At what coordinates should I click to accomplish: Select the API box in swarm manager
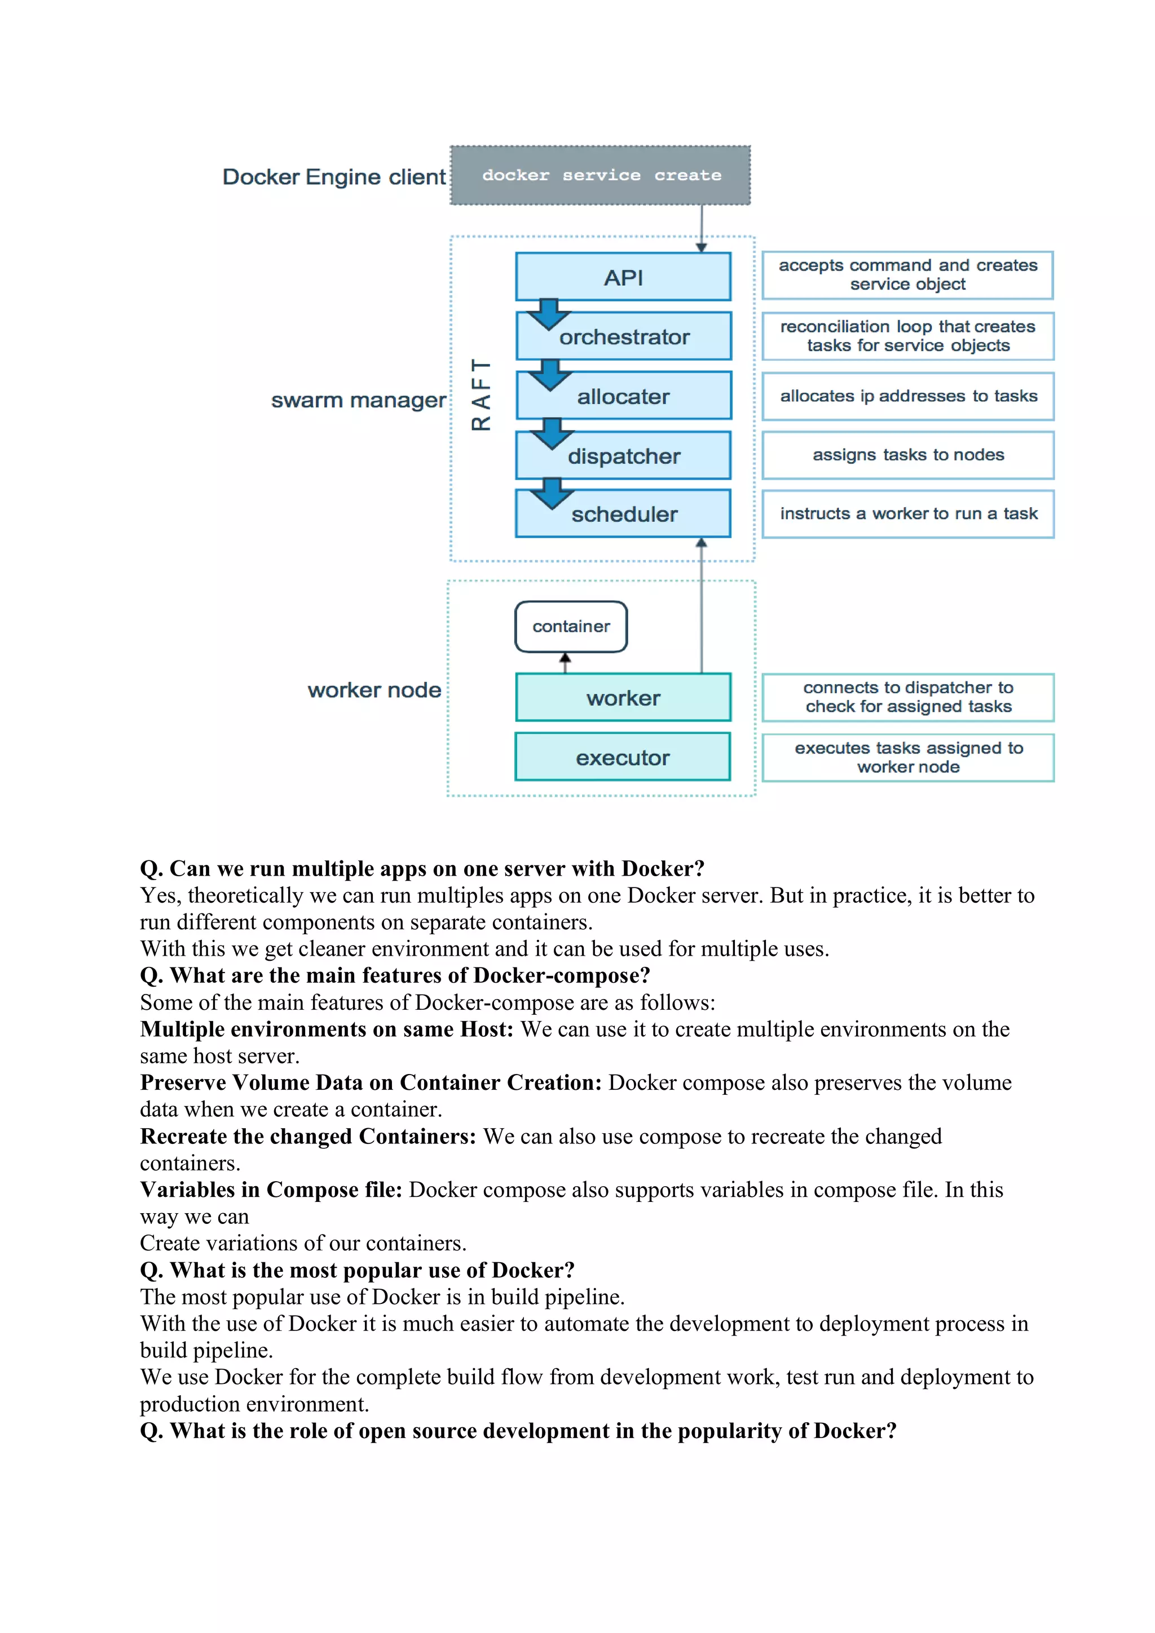pos(623,277)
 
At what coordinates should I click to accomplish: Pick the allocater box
pos(623,397)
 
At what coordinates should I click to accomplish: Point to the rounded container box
pos(571,627)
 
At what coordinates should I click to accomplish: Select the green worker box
pos(623,698)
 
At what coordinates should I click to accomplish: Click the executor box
pos(623,757)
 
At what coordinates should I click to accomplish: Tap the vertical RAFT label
pos(481,395)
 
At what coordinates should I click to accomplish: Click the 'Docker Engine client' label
pos(334,177)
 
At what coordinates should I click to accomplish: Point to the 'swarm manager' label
pos(358,401)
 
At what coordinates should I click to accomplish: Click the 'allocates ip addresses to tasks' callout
pos(907,396)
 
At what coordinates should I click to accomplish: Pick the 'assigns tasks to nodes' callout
pos(907,455)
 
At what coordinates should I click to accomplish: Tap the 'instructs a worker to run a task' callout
pos(907,513)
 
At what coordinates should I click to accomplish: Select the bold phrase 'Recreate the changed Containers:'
pos(307,1137)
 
